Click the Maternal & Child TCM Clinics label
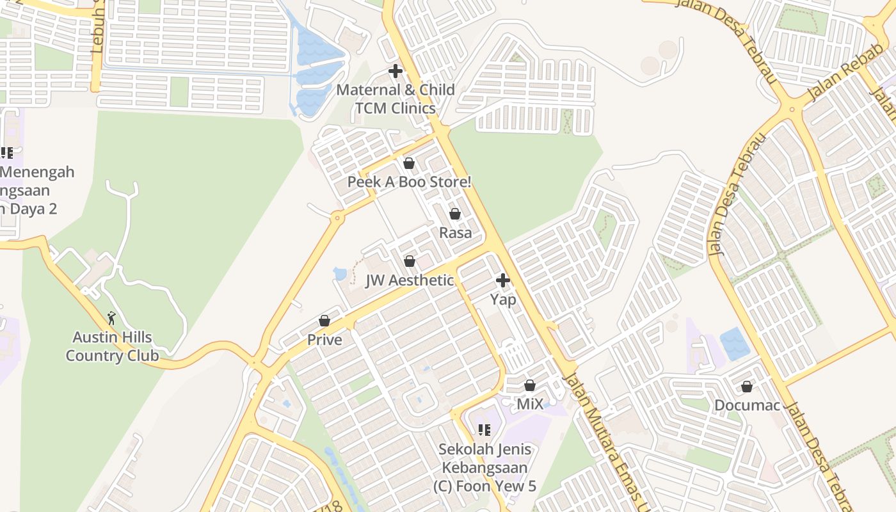396,99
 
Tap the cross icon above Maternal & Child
396,71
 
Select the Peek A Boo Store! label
409,182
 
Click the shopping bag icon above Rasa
455,214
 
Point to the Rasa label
455,233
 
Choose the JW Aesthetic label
410,280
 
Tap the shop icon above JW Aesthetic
410,261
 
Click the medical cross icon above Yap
503,280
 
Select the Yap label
503,299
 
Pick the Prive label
324,340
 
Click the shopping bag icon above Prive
324,321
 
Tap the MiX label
530,404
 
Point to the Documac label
747,406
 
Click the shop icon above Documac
747,387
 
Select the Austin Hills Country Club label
112,346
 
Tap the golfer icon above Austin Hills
112,317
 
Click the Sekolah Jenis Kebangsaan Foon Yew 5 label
484,468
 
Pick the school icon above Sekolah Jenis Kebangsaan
484,430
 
